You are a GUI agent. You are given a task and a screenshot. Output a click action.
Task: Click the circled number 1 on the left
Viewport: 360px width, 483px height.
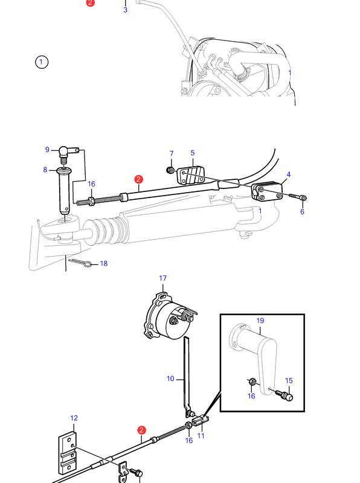click(42, 62)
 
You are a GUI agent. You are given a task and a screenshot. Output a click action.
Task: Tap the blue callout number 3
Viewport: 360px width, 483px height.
click(125, 10)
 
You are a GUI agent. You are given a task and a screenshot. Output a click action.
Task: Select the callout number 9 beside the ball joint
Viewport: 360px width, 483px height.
click(47, 149)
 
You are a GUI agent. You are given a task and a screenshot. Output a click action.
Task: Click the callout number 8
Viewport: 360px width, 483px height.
click(45, 170)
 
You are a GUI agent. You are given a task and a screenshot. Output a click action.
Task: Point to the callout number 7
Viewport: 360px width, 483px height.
click(172, 153)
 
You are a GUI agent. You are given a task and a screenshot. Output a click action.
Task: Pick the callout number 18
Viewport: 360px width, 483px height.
click(104, 263)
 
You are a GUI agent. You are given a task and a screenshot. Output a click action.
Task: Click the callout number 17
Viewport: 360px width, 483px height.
click(162, 278)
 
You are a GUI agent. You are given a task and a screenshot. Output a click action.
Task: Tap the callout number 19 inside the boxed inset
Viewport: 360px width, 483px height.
click(260, 321)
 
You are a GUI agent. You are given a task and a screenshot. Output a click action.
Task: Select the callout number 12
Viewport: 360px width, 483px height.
click(74, 418)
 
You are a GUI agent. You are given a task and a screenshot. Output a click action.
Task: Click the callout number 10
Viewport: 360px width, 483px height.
click(170, 379)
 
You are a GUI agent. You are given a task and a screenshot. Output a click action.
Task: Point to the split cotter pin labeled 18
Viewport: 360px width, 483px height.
click(80, 263)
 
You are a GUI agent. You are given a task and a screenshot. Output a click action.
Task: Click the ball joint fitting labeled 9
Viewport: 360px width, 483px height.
click(69, 153)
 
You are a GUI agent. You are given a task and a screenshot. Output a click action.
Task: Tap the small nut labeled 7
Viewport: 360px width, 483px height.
click(170, 170)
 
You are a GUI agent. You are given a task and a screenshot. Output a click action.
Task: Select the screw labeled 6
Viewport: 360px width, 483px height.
click(298, 197)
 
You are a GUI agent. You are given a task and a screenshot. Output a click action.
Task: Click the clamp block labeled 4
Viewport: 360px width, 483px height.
click(267, 191)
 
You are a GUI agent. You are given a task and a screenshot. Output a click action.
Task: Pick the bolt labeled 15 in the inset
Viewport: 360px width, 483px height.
click(284, 395)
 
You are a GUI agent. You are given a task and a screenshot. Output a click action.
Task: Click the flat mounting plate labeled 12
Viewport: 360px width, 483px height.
click(67, 452)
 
